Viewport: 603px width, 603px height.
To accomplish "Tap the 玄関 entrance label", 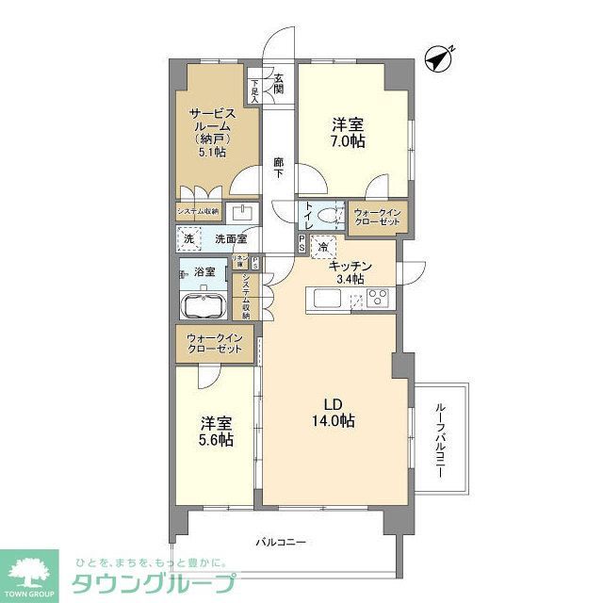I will (x=279, y=84).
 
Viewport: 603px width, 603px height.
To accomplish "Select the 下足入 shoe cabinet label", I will (x=254, y=88).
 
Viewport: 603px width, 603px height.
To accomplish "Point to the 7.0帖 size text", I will (x=348, y=141).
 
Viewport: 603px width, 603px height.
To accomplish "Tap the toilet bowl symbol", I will (x=329, y=216).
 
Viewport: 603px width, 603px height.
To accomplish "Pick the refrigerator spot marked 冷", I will (x=323, y=247).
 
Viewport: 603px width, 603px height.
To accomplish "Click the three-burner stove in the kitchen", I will (x=379, y=299).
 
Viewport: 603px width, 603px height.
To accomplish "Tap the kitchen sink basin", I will (x=327, y=300).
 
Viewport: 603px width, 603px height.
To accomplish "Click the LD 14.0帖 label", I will (x=334, y=413).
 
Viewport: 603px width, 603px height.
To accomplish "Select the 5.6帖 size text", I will (x=215, y=439).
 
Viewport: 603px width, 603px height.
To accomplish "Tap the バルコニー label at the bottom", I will (x=282, y=543).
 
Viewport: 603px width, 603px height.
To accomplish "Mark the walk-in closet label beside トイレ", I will (x=378, y=218).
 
